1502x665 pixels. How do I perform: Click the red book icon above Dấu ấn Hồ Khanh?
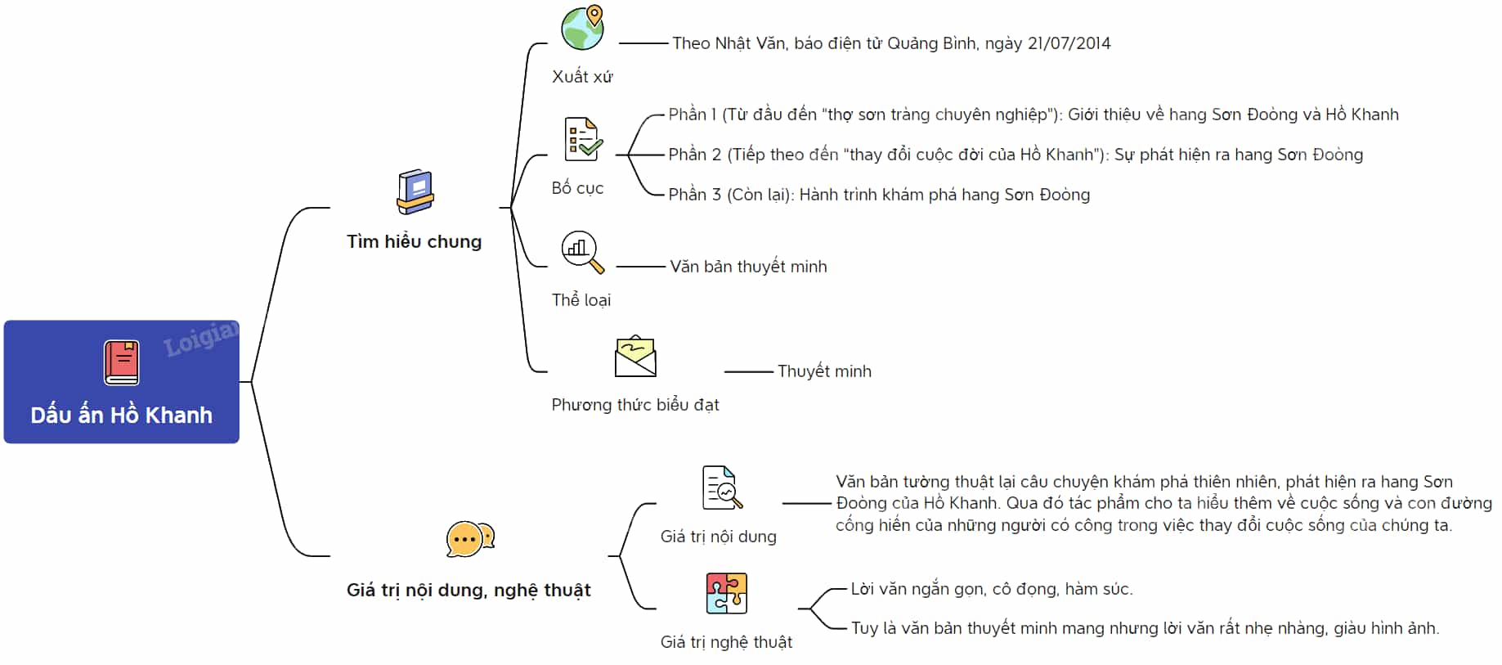[x=122, y=362]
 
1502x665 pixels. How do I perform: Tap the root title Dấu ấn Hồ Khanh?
[x=122, y=415]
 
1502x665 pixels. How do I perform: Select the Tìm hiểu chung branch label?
[x=414, y=241]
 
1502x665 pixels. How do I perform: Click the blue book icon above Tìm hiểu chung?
[x=415, y=192]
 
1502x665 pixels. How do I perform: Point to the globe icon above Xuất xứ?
[x=583, y=28]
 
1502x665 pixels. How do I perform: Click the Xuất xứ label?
[x=582, y=77]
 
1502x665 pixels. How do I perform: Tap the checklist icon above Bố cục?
[x=583, y=139]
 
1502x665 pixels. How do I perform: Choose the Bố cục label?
[x=577, y=188]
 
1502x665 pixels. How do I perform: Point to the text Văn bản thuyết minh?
[x=748, y=267]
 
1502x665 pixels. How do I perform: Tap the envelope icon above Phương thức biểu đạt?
[x=635, y=357]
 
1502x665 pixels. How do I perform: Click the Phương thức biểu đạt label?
[x=635, y=405]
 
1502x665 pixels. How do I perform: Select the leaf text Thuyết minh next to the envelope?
[x=824, y=371]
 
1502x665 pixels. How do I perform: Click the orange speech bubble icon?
[x=469, y=539]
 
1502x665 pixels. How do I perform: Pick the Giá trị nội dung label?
[x=718, y=537]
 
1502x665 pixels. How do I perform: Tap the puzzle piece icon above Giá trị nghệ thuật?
[x=726, y=593]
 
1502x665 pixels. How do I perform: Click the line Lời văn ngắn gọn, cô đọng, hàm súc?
[x=992, y=589]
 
